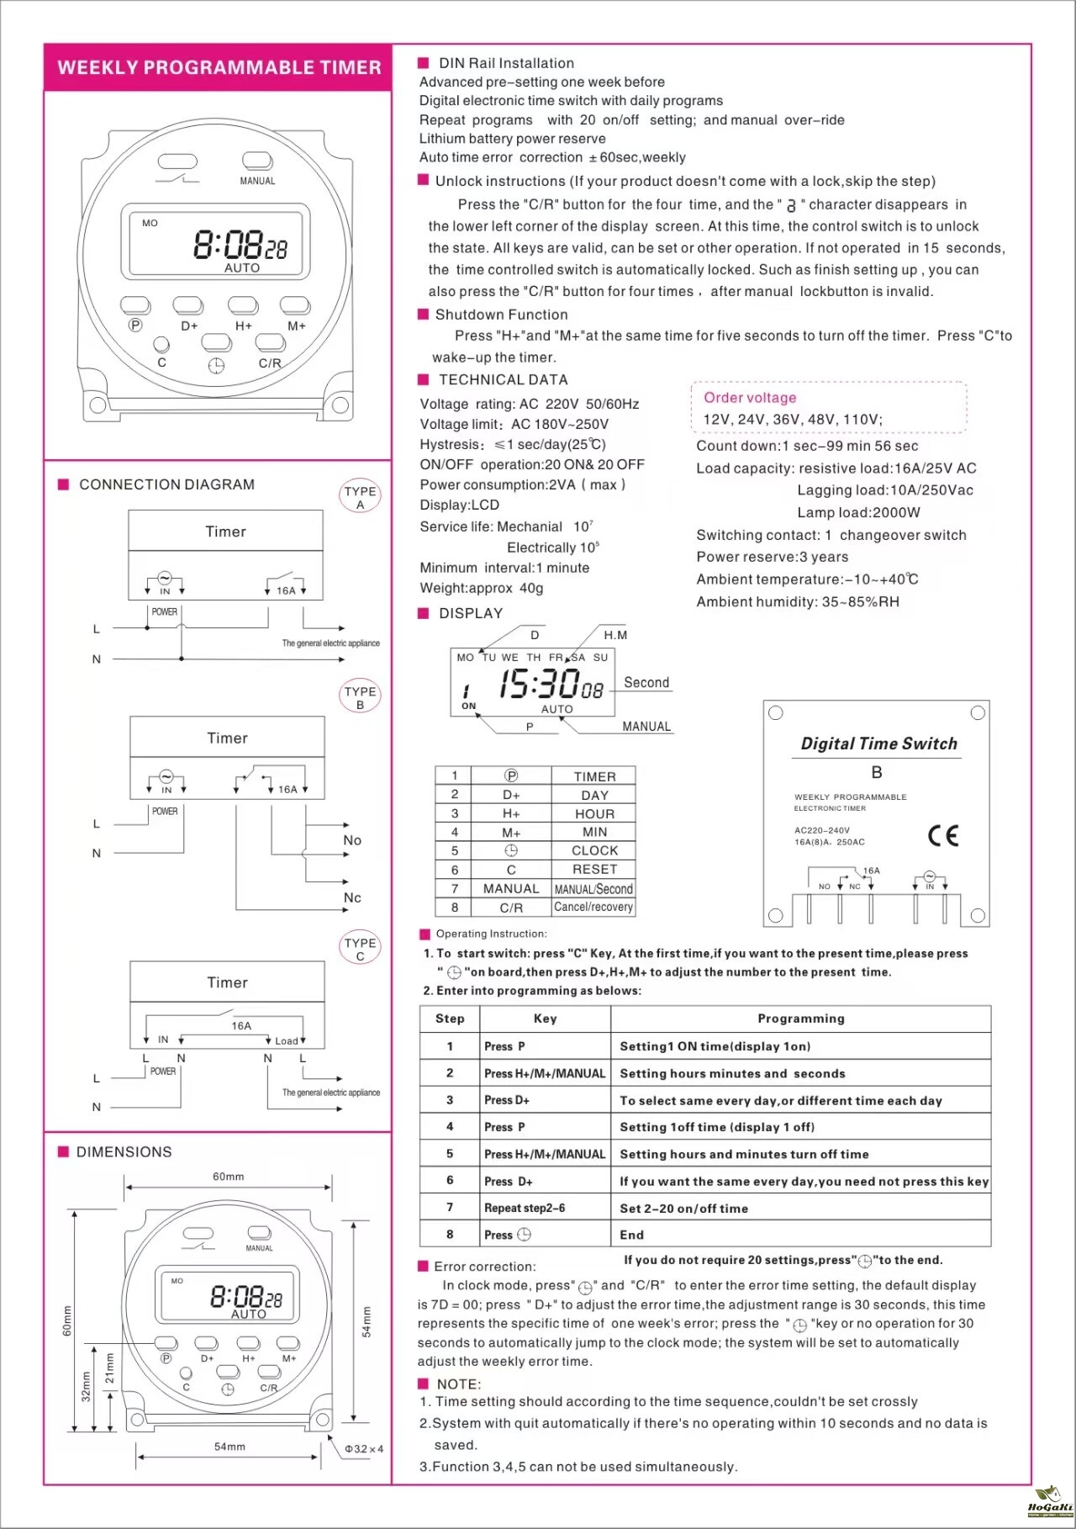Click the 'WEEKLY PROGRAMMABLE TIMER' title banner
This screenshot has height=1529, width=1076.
[x=219, y=68]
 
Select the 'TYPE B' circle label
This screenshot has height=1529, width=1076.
[x=361, y=697]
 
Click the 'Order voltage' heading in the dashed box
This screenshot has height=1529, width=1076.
[x=750, y=398]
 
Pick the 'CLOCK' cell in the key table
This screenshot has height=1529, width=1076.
[x=594, y=850]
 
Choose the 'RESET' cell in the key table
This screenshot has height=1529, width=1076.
[x=594, y=869]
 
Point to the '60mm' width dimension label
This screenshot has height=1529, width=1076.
[x=228, y=1177]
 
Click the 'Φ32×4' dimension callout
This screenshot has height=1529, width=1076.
[x=364, y=1449]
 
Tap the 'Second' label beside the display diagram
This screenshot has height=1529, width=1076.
[x=646, y=683]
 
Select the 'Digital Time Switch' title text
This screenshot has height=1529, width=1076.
[x=878, y=743]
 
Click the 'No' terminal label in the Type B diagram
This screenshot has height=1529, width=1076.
[x=352, y=840]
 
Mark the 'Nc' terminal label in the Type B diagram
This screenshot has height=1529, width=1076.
[x=352, y=897]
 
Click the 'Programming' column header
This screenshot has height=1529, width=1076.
[x=800, y=1018]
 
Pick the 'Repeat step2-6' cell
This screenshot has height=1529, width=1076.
[x=525, y=1208]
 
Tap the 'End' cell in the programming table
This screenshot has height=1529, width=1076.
[x=632, y=1235]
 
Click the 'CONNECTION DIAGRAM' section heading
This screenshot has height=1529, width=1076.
[x=166, y=484]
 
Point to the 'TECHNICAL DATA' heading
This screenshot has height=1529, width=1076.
[x=503, y=380]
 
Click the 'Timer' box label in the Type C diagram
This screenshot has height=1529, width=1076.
[x=227, y=982]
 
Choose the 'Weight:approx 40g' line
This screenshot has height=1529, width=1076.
[x=482, y=588]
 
